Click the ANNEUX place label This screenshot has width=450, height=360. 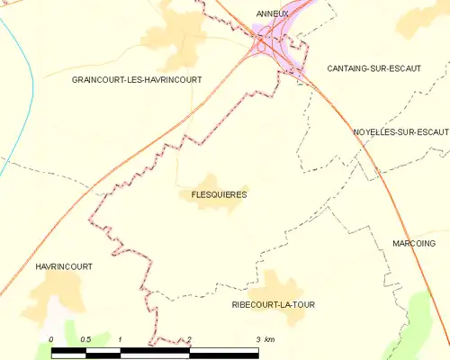coord(272,13)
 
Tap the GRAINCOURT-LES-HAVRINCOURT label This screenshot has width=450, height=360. coord(137,80)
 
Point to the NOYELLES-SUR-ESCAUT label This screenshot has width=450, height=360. coord(401,131)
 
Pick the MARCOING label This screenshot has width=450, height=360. coord(414,244)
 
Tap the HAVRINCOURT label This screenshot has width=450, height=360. coord(64,267)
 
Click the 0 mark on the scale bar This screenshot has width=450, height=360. coord(52,338)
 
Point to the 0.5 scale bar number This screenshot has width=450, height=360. coord(85,338)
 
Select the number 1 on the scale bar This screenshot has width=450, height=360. coord(121,338)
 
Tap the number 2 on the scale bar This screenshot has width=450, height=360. coord(190,338)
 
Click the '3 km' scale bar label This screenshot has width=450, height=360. coord(265,338)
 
